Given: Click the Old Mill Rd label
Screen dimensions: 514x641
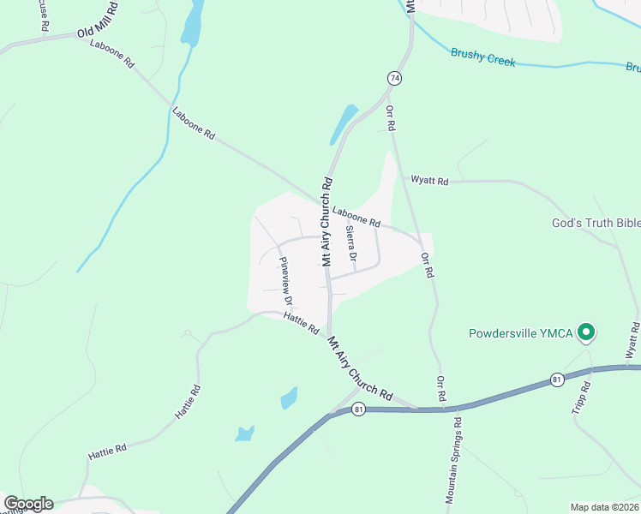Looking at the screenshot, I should (x=96, y=26).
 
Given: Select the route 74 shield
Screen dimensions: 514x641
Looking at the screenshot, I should (x=394, y=78).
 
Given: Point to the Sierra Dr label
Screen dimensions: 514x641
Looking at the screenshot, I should (x=350, y=244).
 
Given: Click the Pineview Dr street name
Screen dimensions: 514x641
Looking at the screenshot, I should (x=286, y=282).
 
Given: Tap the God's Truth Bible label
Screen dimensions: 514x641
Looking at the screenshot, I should (x=596, y=223).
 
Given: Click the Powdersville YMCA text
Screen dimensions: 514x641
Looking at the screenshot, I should (x=521, y=333).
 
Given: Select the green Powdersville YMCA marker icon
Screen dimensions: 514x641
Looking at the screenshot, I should (x=586, y=332).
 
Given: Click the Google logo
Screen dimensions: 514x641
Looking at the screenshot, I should (x=28, y=504).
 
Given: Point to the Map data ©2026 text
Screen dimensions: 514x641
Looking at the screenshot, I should (x=604, y=507).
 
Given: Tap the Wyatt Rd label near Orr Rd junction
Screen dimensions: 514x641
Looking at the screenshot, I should (x=429, y=181).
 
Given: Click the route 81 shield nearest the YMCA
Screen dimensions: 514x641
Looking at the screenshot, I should (x=557, y=380).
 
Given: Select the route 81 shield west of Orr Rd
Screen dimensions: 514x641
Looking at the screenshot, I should (x=358, y=409).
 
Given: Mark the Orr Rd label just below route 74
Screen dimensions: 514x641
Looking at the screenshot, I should (x=392, y=117).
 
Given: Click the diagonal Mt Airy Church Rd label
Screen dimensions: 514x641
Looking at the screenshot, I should (x=359, y=369).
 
